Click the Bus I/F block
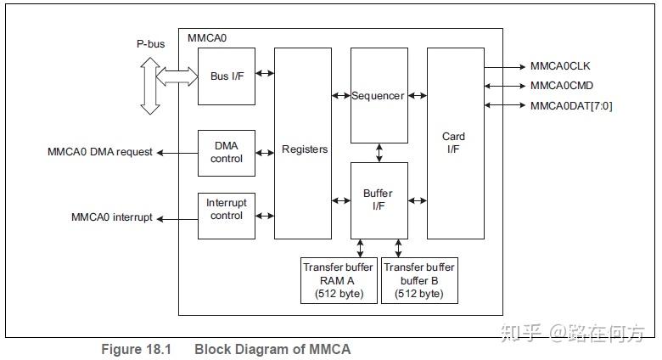pyautogui.click(x=226, y=76)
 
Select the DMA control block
pyautogui.click(x=226, y=152)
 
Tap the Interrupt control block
pyautogui.click(x=226, y=209)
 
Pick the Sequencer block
pyautogui.click(x=379, y=95)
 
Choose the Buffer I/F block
pyautogui.click(x=379, y=200)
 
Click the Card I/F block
pyautogui.click(x=454, y=143)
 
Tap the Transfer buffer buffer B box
pyautogui.click(x=419, y=280)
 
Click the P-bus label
pyautogui.click(x=150, y=43)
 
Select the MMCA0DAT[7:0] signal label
pyautogui.click(x=570, y=105)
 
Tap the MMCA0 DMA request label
pyautogui.click(x=100, y=152)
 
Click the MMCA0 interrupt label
pyautogui.click(x=112, y=217)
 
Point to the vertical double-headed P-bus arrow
pyautogui.click(x=150, y=85)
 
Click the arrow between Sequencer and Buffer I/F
pyautogui.click(x=379, y=153)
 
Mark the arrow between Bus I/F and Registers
pyautogui.click(x=265, y=74)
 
